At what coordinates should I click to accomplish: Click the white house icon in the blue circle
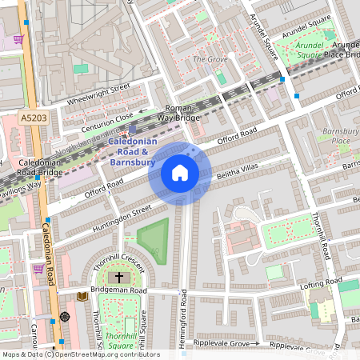pos(180,173)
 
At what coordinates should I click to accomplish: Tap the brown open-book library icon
pos(82,296)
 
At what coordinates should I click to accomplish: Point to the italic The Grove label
pos(210,59)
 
